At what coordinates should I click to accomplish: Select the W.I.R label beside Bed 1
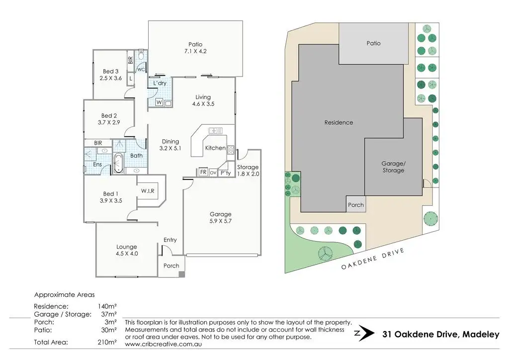[x=147, y=190]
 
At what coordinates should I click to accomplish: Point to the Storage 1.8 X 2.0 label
[x=248, y=171]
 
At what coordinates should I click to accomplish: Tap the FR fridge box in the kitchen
[x=203, y=173]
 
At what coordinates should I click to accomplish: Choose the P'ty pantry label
[x=226, y=173]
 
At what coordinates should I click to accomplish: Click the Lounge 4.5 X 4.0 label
[x=127, y=250]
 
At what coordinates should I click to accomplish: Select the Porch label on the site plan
[x=356, y=205]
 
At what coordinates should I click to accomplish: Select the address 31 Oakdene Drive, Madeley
[x=440, y=335]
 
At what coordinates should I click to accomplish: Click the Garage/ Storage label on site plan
[x=393, y=167]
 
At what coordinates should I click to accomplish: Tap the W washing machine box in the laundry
[x=159, y=102]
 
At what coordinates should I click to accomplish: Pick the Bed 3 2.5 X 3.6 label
[x=110, y=75]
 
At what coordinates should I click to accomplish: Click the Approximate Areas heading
[x=64, y=294]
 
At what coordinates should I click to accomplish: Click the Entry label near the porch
[x=170, y=240]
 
